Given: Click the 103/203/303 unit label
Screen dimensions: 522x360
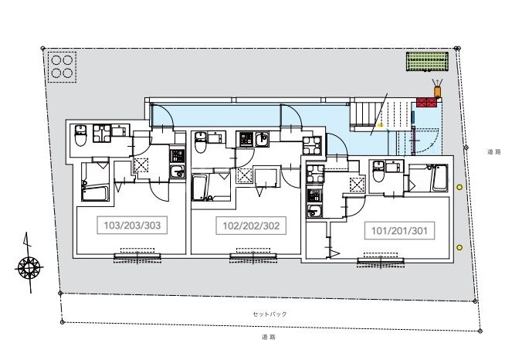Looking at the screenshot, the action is tap(132, 225).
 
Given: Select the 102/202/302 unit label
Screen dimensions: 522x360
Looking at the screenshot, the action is tap(251, 226).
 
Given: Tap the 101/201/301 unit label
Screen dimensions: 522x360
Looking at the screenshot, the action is tap(399, 230).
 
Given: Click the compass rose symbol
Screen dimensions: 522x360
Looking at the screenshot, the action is tap(29, 267).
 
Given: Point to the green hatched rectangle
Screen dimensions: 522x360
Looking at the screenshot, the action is tap(427, 62).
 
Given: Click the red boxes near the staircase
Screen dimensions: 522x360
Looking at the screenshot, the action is tap(426, 103).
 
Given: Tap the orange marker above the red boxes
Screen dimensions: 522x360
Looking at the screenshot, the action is tap(437, 92).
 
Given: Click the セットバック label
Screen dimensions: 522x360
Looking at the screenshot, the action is tap(269, 314).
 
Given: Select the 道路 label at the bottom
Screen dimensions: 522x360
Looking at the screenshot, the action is tap(269, 337).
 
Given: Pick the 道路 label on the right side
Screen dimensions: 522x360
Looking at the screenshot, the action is tap(494, 152).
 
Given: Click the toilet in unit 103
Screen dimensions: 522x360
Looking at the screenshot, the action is tap(80, 135).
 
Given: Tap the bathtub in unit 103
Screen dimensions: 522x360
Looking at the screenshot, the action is tap(95, 193).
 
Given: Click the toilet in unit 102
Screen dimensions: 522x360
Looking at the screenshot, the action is tap(201, 143).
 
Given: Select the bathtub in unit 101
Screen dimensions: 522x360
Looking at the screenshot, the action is tap(439, 178).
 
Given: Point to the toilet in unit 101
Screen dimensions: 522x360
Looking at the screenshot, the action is tap(378, 172).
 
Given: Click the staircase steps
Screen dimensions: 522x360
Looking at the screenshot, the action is tap(364, 114).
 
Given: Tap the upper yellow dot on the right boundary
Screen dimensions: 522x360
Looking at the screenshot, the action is tap(459, 187).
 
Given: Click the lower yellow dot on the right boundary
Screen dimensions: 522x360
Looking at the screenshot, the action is tap(459, 247).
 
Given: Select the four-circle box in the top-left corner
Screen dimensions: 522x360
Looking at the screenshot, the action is tap(62, 66).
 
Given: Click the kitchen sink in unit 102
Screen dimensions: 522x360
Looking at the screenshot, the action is tap(263, 139).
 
